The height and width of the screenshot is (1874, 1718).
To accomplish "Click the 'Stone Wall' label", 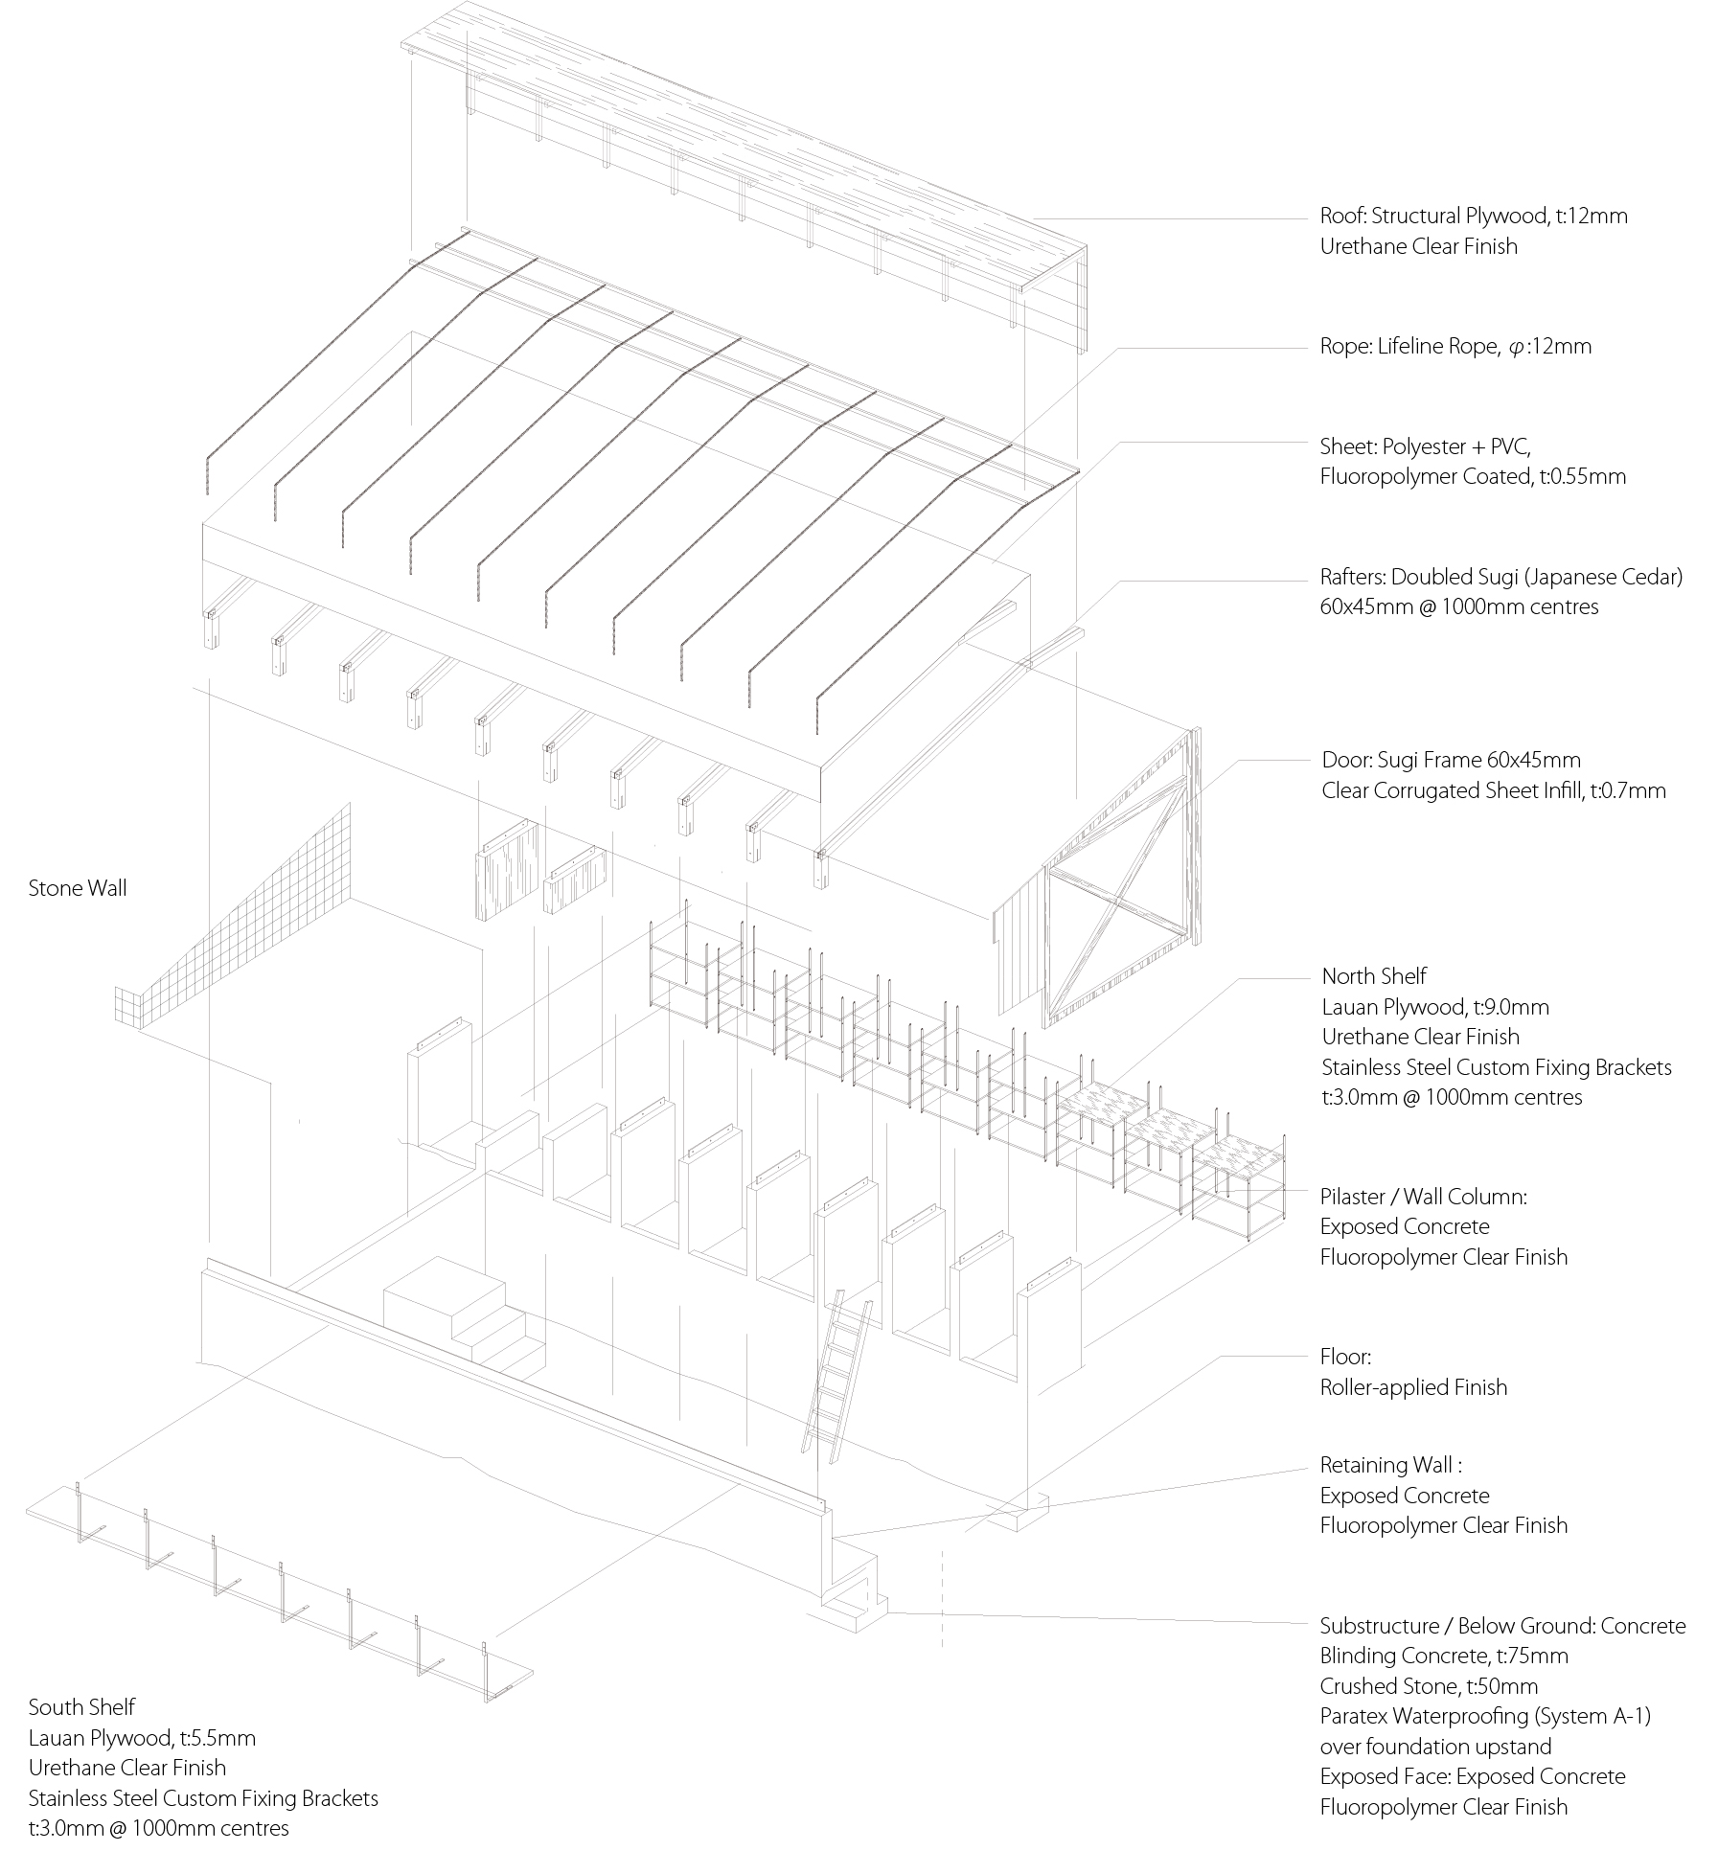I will pos(78,888).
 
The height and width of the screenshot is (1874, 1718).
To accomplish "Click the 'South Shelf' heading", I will pos(81,1706).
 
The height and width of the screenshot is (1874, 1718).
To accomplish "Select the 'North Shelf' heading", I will pos(1374,976).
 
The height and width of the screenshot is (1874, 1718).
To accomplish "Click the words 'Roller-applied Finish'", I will pos(1413,1387).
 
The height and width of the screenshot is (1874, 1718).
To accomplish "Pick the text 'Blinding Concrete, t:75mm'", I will pos(1444,1656).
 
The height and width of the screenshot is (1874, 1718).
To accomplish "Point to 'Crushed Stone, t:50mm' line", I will pos(1429,1686).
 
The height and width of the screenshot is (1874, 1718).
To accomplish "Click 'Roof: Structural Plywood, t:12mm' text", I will pos(1474,217).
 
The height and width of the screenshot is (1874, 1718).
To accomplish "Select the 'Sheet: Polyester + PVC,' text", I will pos(1425,446).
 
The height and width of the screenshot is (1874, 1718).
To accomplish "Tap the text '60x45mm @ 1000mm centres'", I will pos(1458,606).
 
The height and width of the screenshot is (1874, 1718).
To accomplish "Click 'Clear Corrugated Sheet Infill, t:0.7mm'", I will pos(1493,790).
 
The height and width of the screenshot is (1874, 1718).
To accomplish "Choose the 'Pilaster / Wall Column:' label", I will pos(1423,1197).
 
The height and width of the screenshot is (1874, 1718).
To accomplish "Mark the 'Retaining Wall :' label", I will pos(1390,1465).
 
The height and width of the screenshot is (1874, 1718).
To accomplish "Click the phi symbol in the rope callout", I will pos(1514,348).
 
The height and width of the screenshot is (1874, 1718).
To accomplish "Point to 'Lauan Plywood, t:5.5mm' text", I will pos(142,1738).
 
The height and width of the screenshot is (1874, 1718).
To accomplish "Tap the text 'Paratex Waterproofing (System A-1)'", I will pos(1485,1716).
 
